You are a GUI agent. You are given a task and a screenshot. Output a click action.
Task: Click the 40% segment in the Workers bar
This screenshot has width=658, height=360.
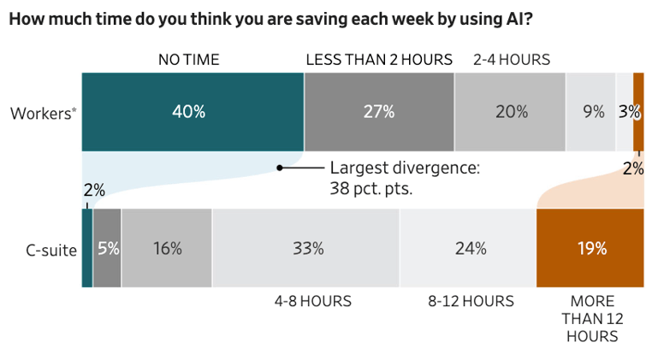tap(193, 112)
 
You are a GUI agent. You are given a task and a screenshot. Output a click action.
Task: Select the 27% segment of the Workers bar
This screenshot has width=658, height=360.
tap(379, 112)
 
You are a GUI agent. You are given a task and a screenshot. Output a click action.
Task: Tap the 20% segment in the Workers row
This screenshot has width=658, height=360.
tap(510, 112)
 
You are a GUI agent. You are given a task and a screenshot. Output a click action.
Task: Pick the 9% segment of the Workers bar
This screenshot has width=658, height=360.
tap(591, 112)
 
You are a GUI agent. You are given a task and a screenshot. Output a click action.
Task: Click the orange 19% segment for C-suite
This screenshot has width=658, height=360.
tap(590, 248)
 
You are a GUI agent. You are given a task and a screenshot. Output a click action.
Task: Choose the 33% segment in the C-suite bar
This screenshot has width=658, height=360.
tap(306, 248)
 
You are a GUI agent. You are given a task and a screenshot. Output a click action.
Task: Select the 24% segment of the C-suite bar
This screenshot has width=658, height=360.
tap(468, 248)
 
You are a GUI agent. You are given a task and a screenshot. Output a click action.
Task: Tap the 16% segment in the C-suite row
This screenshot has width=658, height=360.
tap(167, 248)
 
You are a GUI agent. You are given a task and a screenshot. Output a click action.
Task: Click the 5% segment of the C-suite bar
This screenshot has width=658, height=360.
tap(107, 248)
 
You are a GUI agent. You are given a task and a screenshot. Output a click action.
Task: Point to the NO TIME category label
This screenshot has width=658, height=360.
tap(188, 60)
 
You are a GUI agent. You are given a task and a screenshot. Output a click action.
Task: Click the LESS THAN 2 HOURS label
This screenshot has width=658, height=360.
tap(379, 60)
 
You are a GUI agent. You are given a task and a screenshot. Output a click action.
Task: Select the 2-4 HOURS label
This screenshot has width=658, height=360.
tap(511, 60)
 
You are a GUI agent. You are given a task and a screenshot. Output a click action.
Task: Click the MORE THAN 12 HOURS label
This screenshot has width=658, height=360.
tap(591, 318)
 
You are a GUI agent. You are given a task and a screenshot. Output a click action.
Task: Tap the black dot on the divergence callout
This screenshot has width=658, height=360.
tap(279, 168)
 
